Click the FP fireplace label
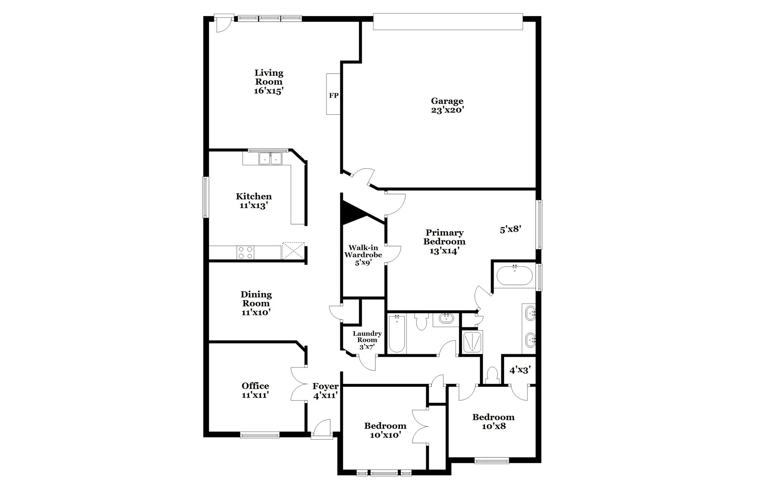(333, 95)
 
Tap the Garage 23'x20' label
(447, 105)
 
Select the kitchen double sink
(270, 159)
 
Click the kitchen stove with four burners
(246, 253)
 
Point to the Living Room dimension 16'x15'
(268, 91)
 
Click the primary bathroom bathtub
(514, 275)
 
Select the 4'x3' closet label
(520, 370)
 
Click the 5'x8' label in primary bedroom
(510, 229)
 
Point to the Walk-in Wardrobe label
(363, 255)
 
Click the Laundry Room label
(367, 340)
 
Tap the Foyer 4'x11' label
(325, 390)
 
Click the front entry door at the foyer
(322, 430)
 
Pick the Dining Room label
(256, 303)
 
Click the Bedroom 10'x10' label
(385, 430)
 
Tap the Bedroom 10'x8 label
(493, 421)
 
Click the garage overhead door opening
(448, 22)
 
